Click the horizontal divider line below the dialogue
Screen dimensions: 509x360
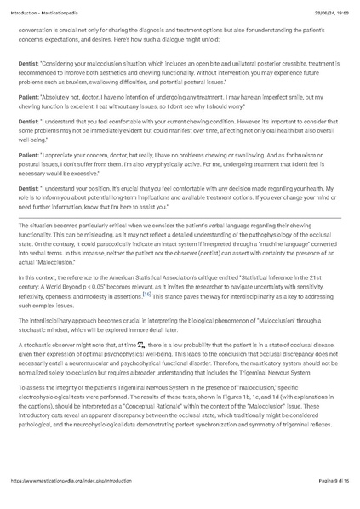pos(180,217)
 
